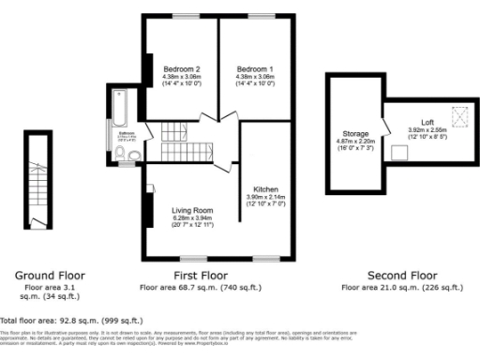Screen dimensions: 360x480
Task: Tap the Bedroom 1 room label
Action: [255, 69]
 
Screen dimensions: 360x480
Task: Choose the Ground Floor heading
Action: [49, 276]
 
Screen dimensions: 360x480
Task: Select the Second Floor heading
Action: [403, 276]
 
